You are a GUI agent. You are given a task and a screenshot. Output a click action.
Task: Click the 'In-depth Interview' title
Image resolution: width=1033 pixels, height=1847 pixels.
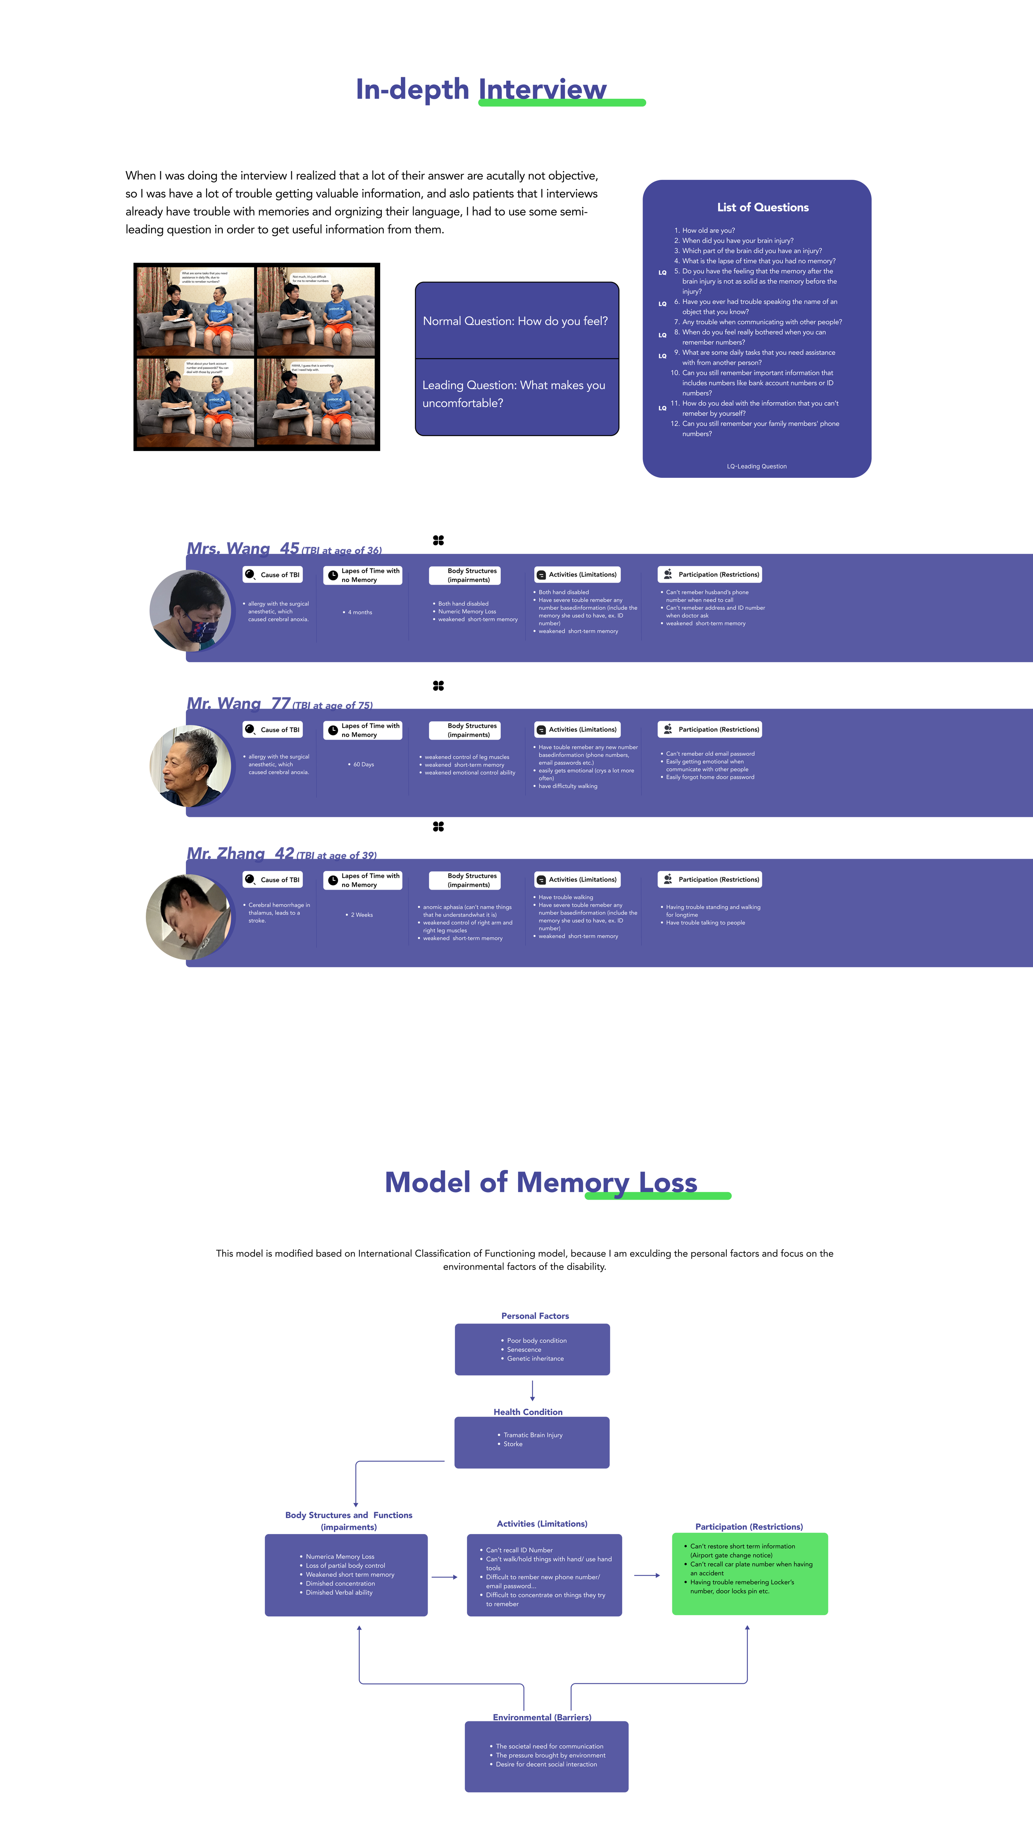click(x=481, y=90)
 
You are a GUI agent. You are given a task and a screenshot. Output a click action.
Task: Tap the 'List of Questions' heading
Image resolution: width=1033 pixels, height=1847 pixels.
click(x=763, y=207)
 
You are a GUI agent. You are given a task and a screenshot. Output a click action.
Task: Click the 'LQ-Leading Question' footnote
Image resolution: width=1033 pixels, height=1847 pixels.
click(x=756, y=466)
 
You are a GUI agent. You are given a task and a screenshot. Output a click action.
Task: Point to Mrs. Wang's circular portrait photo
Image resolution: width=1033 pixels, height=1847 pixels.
click(x=190, y=610)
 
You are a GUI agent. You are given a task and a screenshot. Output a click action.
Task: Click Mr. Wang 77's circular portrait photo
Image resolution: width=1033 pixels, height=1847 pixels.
click(x=190, y=765)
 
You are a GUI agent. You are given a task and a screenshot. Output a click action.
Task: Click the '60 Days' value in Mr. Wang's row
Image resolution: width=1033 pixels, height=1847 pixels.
click(x=363, y=764)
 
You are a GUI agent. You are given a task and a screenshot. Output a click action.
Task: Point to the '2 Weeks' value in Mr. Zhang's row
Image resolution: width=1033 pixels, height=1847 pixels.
click(x=361, y=915)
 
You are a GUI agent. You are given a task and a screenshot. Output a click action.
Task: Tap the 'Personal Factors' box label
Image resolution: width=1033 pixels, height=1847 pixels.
click(x=535, y=1316)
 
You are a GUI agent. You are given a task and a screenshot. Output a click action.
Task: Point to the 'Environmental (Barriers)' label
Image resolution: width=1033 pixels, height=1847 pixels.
click(x=542, y=1717)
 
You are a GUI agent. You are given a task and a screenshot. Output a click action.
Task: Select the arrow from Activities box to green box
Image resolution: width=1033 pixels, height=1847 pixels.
click(x=647, y=1575)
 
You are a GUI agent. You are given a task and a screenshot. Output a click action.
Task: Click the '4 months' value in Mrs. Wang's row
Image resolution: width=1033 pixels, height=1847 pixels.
click(x=359, y=612)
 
